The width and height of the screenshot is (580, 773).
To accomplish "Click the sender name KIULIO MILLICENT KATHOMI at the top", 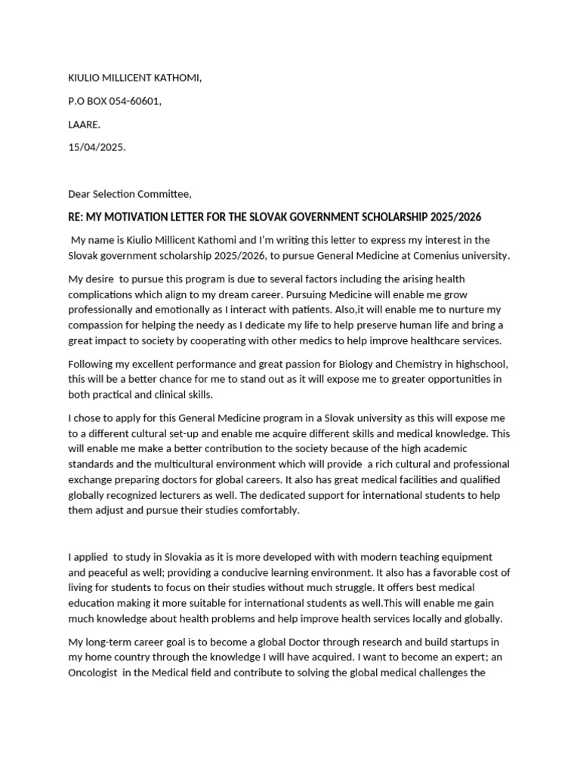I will coord(135,78).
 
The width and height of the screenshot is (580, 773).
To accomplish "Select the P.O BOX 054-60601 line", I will coord(114,101).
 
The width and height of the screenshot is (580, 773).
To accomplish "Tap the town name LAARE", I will coord(84,124).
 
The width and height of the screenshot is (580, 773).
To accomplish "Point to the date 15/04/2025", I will coord(97,147).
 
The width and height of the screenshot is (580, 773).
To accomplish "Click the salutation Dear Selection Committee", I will coord(135,194).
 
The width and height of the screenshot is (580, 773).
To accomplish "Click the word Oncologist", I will coord(95,673).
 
